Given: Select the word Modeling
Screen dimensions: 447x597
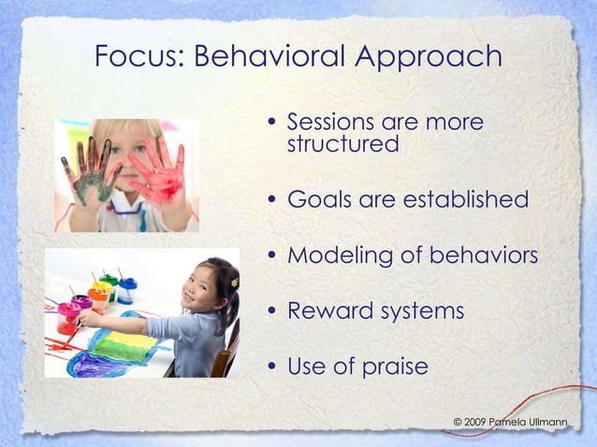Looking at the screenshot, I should click(x=334, y=256).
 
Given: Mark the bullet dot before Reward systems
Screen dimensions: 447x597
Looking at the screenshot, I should click(x=271, y=311).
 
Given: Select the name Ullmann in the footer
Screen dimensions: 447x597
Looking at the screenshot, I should click(x=546, y=423).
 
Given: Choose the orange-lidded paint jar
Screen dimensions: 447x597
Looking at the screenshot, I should click(x=96, y=297).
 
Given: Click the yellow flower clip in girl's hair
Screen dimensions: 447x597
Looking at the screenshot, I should click(x=234, y=281).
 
